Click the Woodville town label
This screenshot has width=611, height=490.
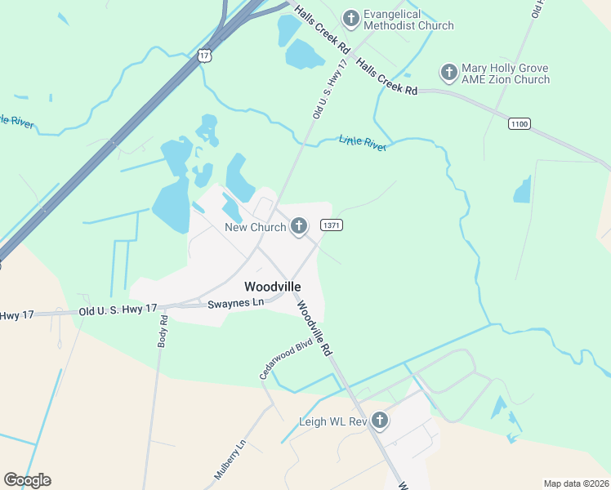point(273,287)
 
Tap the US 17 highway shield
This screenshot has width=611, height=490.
point(204,56)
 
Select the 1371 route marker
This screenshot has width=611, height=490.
point(331,225)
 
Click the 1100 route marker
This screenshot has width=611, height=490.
point(519,123)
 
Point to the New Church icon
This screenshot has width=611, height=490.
point(299,226)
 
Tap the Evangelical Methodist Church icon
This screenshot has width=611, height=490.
point(351,18)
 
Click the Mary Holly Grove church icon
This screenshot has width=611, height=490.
point(448,73)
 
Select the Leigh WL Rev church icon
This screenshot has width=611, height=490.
point(379,421)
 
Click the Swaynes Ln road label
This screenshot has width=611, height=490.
point(236,302)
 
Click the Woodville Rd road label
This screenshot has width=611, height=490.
point(314,327)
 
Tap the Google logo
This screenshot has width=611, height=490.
point(27,479)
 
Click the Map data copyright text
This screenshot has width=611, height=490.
point(576,483)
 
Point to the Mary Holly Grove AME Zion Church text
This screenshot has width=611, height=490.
point(506,73)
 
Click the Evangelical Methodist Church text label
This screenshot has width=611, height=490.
point(408,20)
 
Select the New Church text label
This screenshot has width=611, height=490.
point(256,227)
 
